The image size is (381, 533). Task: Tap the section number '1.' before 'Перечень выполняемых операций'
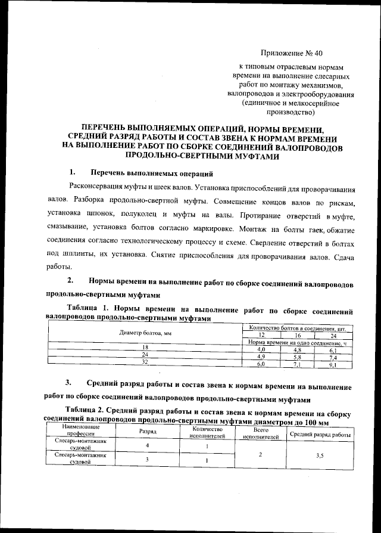tap(72, 172)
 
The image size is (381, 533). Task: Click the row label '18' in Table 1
tap(144, 347)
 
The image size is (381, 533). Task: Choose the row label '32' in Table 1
tap(144, 362)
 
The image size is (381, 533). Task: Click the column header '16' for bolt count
tap(296, 335)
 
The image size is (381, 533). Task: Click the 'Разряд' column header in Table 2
tap(147, 432)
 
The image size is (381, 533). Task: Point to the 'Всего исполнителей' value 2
tap(260, 455)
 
